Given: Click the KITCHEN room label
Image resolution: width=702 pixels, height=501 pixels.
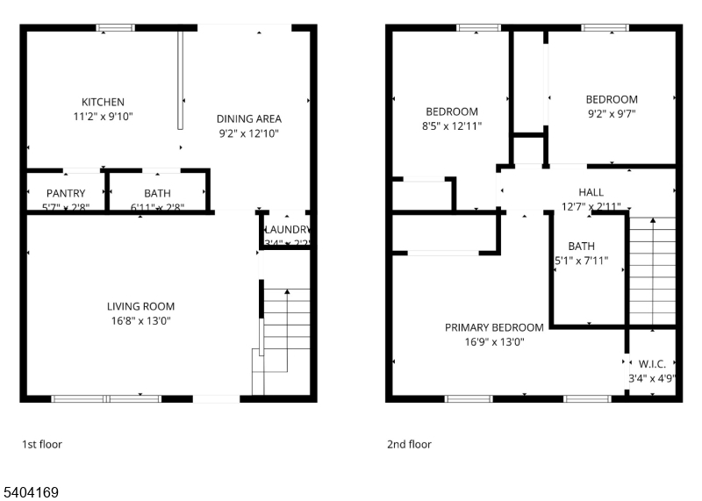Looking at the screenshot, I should [x=103, y=102].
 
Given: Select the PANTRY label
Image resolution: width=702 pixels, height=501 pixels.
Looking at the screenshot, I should [x=66, y=193].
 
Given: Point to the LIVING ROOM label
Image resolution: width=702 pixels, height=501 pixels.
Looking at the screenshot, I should [x=140, y=306].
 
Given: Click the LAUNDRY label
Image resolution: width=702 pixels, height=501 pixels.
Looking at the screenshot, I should [x=289, y=230].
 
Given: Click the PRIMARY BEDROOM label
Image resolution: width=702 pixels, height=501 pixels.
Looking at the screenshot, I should [x=494, y=327].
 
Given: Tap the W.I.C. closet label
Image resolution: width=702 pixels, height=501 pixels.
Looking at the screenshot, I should [x=652, y=362].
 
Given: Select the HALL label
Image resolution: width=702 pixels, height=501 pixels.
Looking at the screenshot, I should [x=591, y=192].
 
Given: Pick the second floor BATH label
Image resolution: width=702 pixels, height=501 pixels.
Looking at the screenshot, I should [x=581, y=246].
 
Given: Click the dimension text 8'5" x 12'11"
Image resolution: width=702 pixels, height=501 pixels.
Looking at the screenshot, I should [x=452, y=126].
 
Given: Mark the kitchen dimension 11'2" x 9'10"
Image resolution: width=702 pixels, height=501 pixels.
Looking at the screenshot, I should [x=103, y=116].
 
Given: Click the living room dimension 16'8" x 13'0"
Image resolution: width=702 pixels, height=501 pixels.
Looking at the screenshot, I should [x=140, y=321].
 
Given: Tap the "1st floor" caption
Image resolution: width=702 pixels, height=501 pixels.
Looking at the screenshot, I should [x=42, y=444].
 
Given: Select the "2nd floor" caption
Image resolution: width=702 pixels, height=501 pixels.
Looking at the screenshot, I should [x=409, y=444].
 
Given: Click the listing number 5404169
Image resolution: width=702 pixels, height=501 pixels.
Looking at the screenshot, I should [x=30, y=493].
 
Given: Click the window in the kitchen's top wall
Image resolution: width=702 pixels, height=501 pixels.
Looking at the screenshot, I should [x=115, y=28].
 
